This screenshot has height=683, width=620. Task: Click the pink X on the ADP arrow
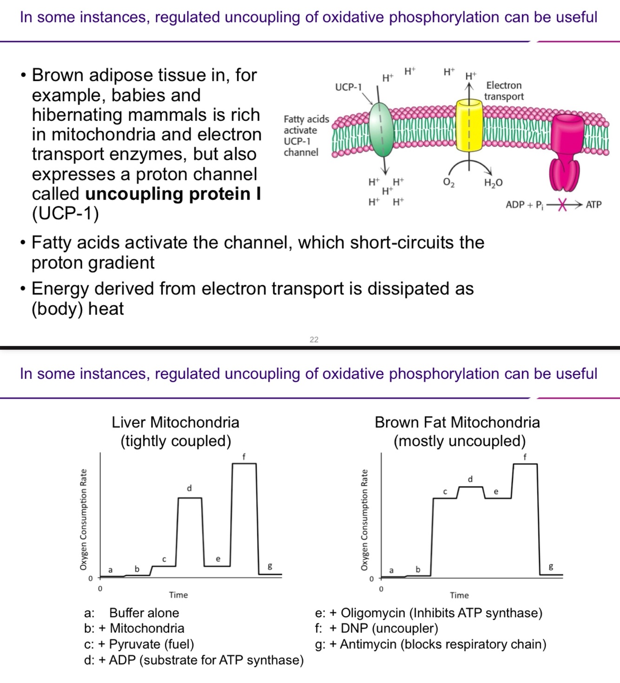coord(562,204)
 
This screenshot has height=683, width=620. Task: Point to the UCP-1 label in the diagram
coord(348,87)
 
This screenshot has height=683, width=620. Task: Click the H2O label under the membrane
coord(493,182)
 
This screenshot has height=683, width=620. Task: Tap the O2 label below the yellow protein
coord(449,182)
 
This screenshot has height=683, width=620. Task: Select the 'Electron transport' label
coord(504,91)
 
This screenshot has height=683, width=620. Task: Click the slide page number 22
coord(314,339)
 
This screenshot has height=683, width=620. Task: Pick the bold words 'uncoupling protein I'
coord(173,194)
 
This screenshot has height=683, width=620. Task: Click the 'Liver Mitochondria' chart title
coord(175,422)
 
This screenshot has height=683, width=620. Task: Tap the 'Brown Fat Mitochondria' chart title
coord(457,422)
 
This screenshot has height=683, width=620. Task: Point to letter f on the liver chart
coord(244,456)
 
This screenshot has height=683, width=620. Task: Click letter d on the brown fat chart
coord(470,479)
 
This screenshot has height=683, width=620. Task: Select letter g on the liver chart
coord(270,566)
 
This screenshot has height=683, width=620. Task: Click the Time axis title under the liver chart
coord(178,595)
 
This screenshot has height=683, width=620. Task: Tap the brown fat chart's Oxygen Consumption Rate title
coord(364,520)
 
